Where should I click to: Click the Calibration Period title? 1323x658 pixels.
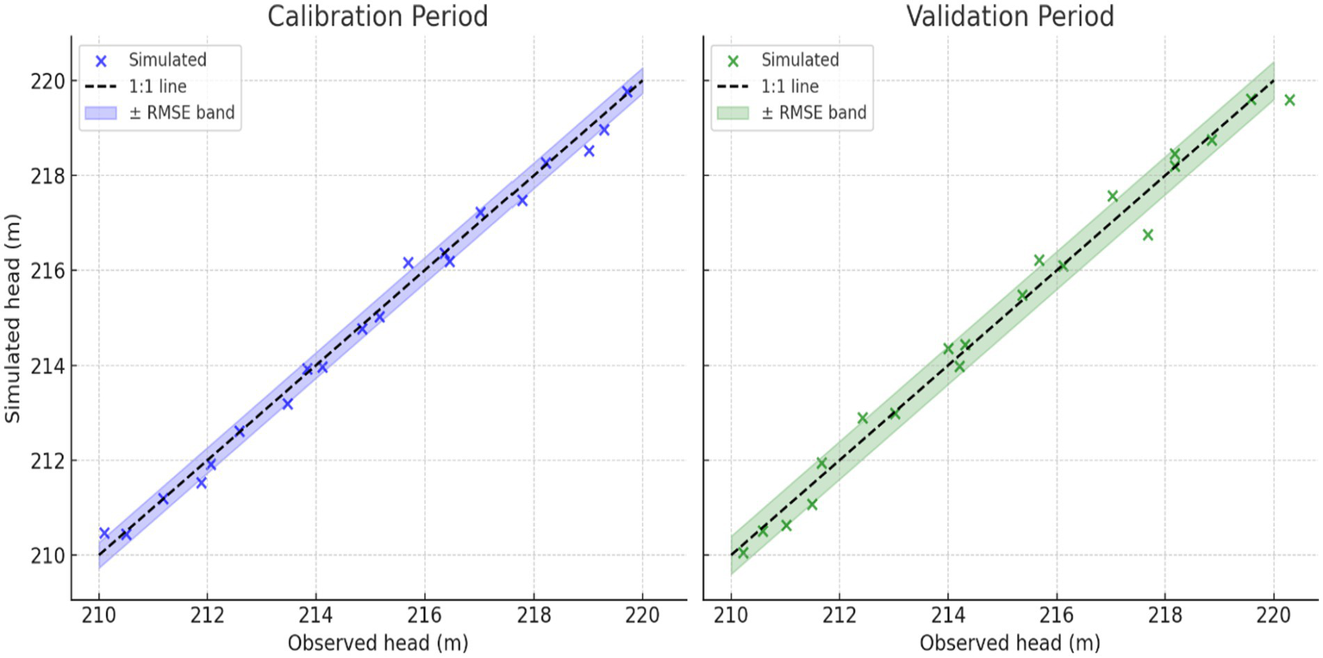(378, 16)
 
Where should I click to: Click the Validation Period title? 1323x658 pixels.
(1009, 16)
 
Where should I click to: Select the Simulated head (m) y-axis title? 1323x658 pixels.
(13, 318)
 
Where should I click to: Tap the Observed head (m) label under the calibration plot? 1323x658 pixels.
(378, 642)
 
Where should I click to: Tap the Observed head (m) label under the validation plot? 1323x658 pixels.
(1009, 642)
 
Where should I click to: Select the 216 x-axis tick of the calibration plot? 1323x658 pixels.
(424, 616)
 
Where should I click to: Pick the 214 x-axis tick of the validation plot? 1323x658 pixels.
(948, 616)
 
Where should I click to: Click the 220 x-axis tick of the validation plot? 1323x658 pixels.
(1273, 616)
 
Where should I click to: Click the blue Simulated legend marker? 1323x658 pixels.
(101, 61)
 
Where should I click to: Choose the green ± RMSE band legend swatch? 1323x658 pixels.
(733, 113)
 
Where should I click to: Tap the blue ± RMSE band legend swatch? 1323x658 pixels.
(101, 113)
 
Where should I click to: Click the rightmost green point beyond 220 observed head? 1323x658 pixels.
(1289, 100)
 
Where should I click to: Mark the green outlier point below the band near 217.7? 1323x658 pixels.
(1147, 235)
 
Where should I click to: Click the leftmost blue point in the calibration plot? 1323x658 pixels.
(104, 533)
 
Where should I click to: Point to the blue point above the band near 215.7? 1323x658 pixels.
(408, 262)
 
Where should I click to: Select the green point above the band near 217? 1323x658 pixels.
(1112, 196)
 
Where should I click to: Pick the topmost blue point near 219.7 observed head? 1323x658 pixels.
(627, 91)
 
